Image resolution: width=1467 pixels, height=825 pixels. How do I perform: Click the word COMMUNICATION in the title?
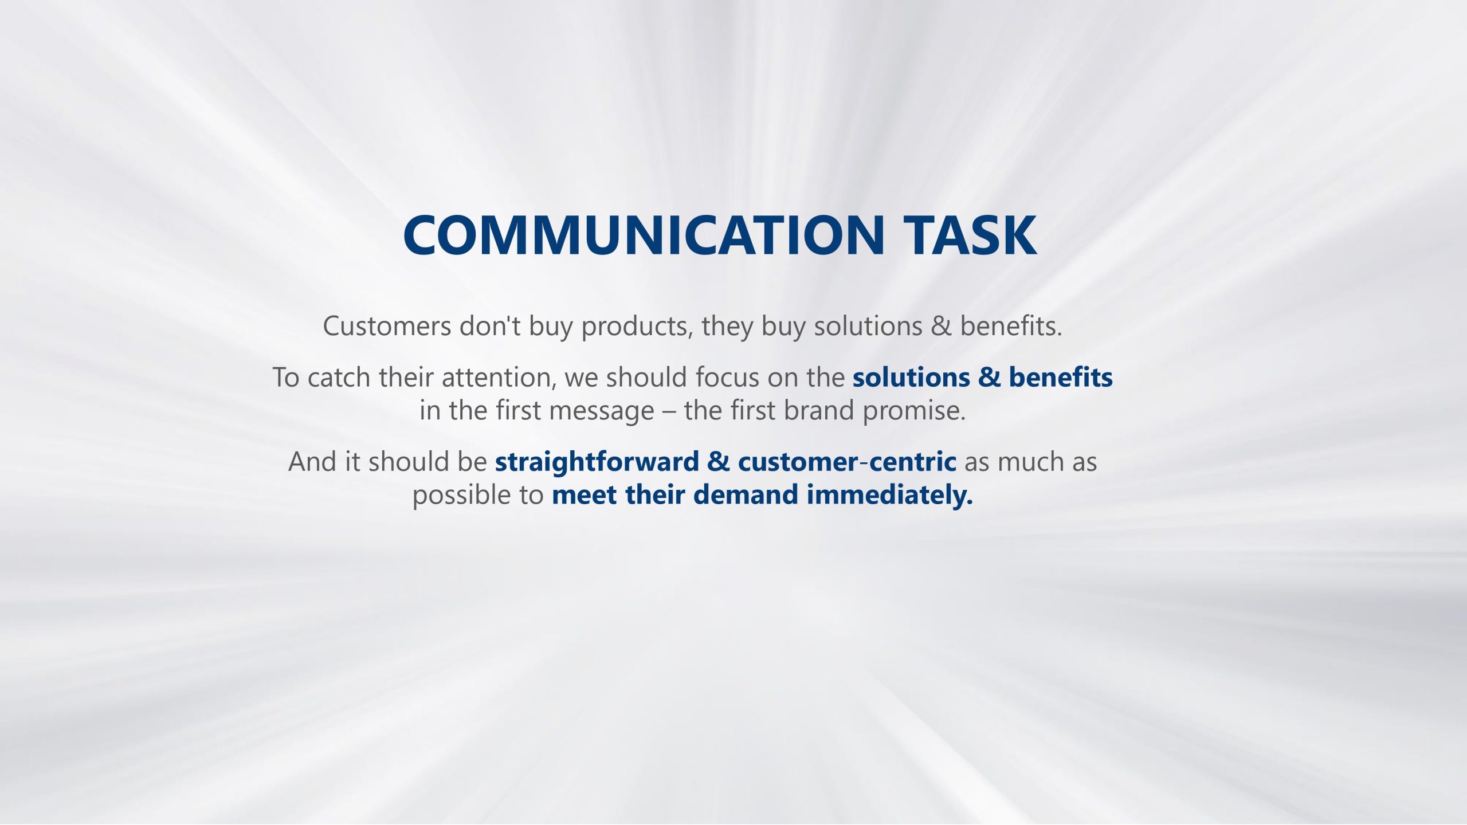point(644,235)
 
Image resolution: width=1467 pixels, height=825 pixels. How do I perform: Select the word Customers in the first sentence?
point(387,326)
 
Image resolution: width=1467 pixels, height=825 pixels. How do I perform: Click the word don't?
point(490,325)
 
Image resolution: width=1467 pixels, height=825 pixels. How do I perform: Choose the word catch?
point(339,378)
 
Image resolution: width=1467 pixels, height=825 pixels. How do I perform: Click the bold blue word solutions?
point(911,378)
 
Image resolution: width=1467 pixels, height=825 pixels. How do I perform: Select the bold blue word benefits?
point(1061,377)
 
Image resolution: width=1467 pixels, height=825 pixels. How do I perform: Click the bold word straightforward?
point(597,462)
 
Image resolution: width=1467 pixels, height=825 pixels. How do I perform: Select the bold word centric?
point(913,462)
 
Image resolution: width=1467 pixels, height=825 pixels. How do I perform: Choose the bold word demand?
point(746,495)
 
